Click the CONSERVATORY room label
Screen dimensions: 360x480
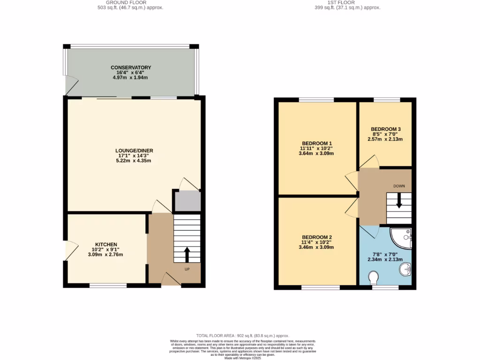pos(131,67)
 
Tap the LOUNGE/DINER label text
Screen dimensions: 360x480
pos(134,150)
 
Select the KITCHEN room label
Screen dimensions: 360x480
pos(106,245)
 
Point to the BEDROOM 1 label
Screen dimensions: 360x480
pos(317,143)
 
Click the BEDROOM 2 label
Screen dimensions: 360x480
pos(317,237)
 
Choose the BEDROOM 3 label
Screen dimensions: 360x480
pos(385,129)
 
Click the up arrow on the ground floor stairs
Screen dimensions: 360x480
pos(187,255)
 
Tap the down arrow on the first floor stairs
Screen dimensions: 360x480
pos(399,201)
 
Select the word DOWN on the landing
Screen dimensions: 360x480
pos(399,186)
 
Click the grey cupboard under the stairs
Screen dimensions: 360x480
pos(187,201)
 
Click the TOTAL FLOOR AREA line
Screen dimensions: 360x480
pos(242,336)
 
